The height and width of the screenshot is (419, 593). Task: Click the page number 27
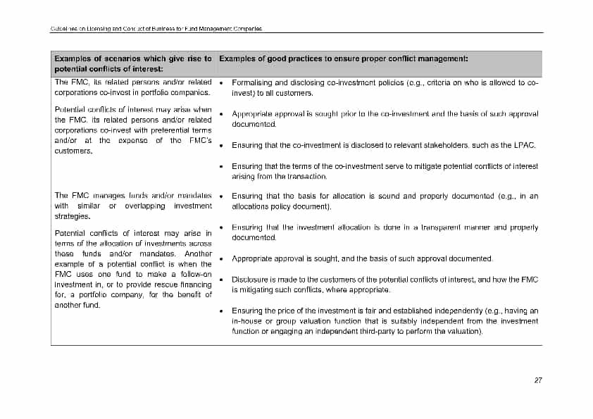point(538,380)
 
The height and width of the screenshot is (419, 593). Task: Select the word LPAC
point(525,146)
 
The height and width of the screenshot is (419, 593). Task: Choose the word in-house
point(246,320)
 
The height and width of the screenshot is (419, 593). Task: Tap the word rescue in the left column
point(168,284)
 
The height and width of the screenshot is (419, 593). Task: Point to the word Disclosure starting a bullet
point(249,280)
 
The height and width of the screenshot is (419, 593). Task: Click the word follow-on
point(195,274)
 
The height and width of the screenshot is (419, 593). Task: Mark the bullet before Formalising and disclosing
point(222,83)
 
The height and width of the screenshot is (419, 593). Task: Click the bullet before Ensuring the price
point(222,311)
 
